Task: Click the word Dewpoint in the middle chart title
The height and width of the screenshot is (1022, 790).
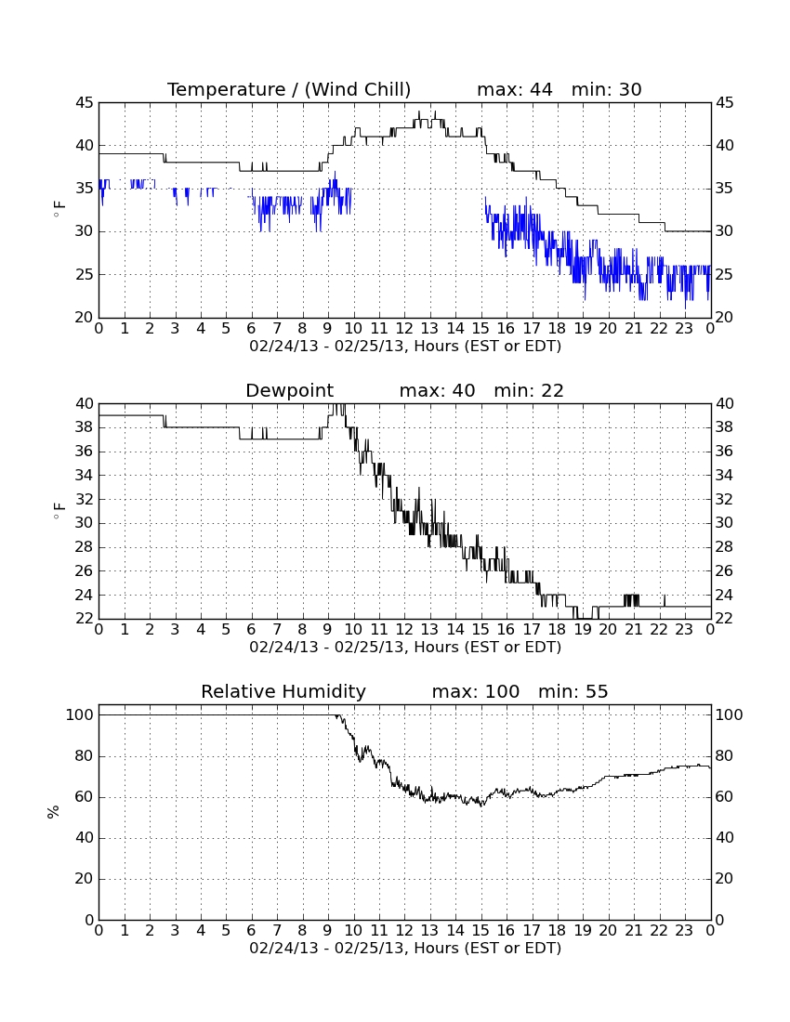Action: point(289,391)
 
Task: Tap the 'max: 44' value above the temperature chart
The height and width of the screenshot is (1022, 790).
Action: point(514,89)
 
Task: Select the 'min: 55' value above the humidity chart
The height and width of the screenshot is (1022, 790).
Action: point(573,691)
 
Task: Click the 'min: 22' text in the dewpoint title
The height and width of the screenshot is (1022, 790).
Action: point(529,391)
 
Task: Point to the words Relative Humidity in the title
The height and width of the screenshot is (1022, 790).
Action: point(283,691)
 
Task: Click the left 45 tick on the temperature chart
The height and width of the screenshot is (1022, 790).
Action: point(85,103)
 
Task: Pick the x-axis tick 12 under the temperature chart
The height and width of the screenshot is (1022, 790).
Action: point(404,328)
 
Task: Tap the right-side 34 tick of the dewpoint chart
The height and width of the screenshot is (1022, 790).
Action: point(725,475)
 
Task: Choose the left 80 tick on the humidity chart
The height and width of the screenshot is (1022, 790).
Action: point(85,756)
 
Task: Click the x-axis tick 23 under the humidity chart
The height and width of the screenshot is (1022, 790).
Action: point(684,930)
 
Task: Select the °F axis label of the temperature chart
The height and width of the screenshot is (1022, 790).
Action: point(59,209)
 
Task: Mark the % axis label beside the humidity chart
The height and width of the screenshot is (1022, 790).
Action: point(54,811)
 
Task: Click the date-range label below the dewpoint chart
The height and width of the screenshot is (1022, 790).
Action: point(405,648)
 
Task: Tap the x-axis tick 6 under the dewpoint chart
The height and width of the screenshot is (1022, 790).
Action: point(252,629)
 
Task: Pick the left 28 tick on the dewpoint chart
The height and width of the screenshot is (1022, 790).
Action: point(85,547)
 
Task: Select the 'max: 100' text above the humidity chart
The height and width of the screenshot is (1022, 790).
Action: point(476,691)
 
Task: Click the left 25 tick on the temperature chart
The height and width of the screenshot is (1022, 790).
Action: point(85,274)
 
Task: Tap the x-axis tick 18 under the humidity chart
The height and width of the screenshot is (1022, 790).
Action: point(557,930)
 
